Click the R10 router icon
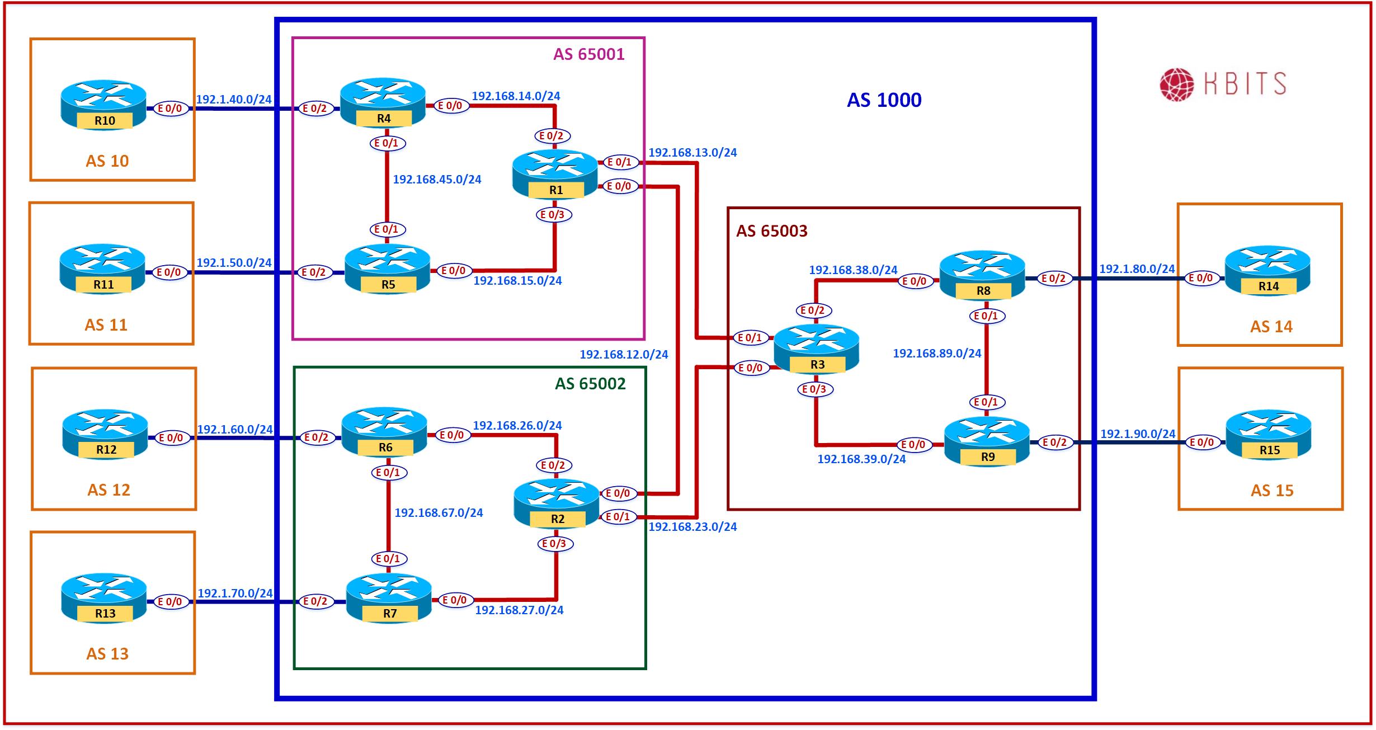[x=103, y=105]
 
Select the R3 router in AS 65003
[x=816, y=350]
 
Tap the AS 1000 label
[x=884, y=100]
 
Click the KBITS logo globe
[x=1176, y=84]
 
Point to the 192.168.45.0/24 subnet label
[x=437, y=180]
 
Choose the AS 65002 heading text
[x=590, y=384]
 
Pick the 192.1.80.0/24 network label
[x=1137, y=269]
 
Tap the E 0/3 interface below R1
[x=554, y=215]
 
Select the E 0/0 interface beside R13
[x=171, y=602]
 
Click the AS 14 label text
[x=1271, y=327]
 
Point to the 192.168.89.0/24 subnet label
[x=937, y=354]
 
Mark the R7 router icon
[x=389, y=599]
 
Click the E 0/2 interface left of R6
[x=316, y=437]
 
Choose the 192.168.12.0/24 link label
[x=624, y=355]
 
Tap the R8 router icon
[x=982, y=275]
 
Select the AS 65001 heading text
[x=588, y=54]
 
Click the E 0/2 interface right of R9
[x=1054, y=442]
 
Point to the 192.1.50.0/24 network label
[x=234, y=263]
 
